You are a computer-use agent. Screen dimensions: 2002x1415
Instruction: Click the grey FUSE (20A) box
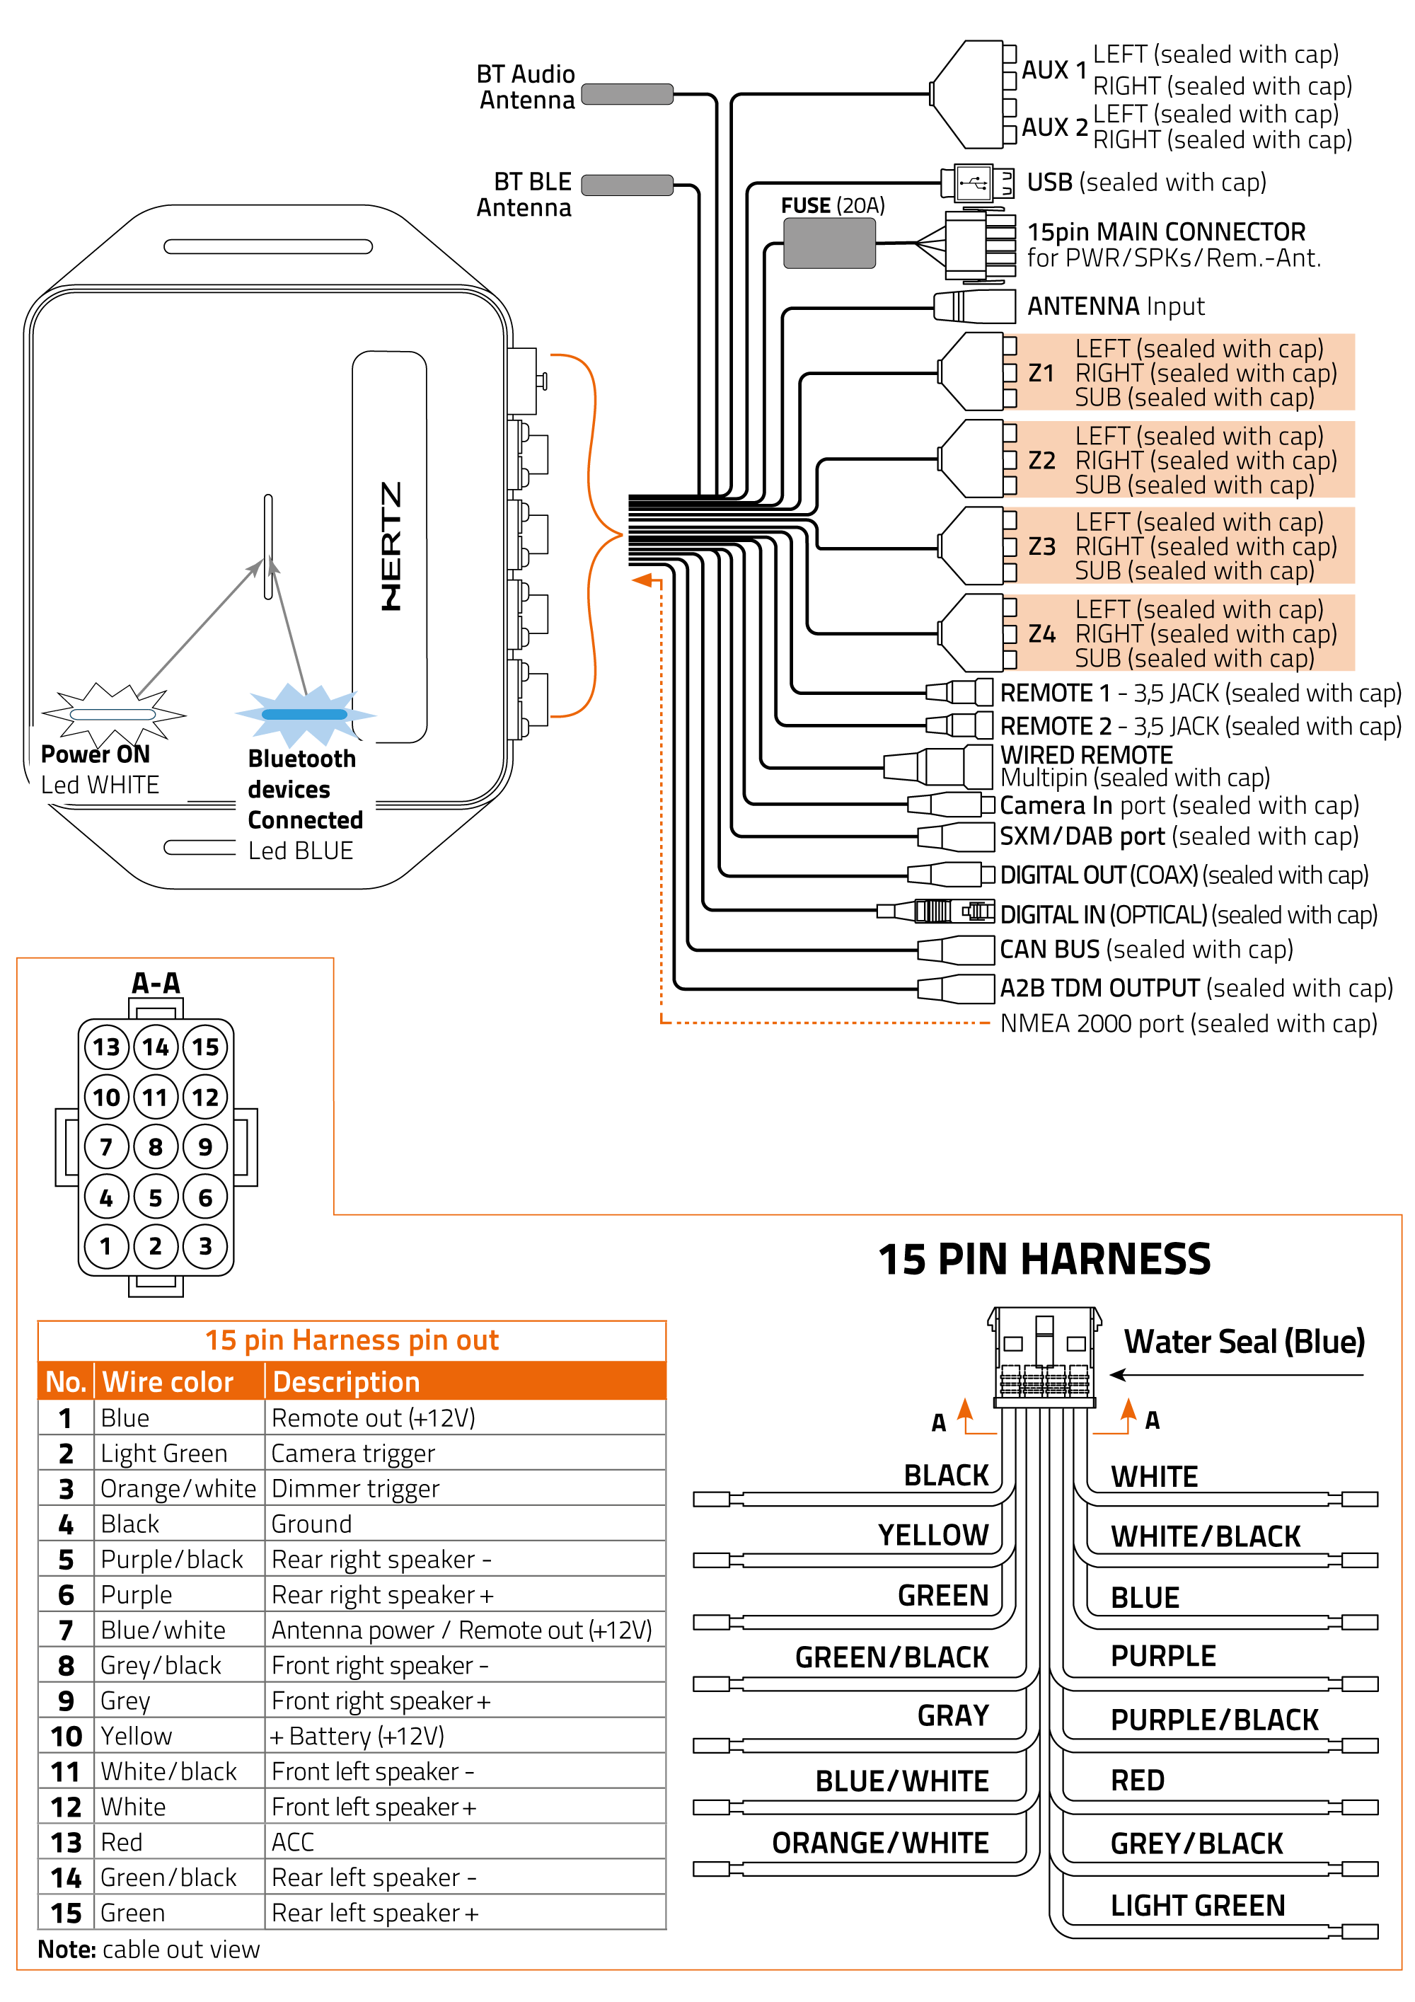(828, 243)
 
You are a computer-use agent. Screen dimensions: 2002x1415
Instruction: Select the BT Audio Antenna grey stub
(627, 94)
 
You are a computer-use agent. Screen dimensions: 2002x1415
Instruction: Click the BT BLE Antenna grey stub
(627, 185)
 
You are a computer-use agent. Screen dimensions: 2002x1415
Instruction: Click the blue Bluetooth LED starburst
(304, 714)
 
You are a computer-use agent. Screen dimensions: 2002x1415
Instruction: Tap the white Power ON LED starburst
(112, 714)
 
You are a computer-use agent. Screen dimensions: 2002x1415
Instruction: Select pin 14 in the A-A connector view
(155, 1047)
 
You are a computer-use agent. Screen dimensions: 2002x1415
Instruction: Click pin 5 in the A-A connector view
(155, 1197)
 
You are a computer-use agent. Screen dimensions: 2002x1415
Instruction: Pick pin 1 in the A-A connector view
(105, 1246)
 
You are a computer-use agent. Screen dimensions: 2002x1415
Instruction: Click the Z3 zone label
(1042, 547)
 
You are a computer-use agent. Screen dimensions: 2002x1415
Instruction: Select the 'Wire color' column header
(168, 1382)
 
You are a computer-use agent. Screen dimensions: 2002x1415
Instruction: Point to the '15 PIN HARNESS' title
(1044, 1259)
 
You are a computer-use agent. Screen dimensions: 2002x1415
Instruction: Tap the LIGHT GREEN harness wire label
(1197, 1905)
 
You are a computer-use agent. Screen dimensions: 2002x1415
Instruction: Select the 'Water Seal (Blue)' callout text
(1244, 1341)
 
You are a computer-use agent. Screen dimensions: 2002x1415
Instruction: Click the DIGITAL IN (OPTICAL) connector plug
(937, 911)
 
